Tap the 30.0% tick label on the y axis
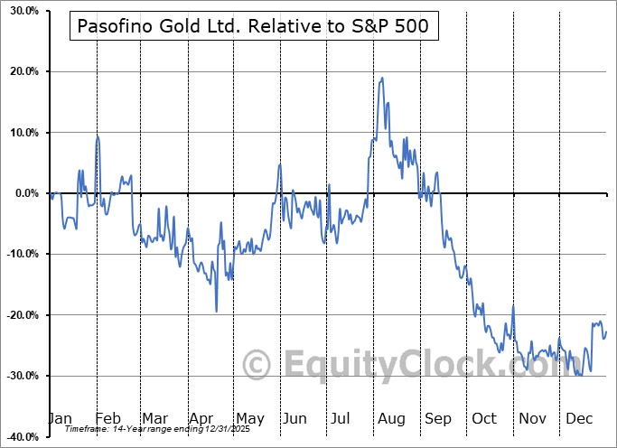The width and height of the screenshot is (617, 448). pyautogui.click(x=20, y=11)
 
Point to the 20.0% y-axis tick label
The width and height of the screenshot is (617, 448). pyautogui.click(x=20, y=71)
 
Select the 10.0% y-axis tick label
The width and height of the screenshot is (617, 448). pyautogui.click(x=20, y=133)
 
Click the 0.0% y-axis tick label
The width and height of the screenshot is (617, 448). pyautogui.click(x=23, y=193)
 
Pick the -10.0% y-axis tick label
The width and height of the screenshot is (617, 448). pyautogui.click(x=18, y=254)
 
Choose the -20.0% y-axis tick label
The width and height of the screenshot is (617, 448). pyautogui.click(x=18, y=315)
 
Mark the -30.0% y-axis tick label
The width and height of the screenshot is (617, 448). pyautogui.click(x=18, y=376)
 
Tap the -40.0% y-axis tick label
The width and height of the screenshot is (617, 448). pyautogui.click(x=18, y=437)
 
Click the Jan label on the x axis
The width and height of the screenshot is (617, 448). pyautogui.click(x=60, y=418)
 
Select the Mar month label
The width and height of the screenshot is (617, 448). pyautogui.click(x=154, y=418)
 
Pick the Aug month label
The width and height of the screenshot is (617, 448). pyautogui.click(x=390, y=418)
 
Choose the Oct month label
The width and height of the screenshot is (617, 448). pyautogui.click(x=483, y=418)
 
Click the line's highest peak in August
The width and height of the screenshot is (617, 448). pyautogui.click(x=383, y=78)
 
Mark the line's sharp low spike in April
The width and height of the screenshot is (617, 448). pyautogui.click(x=216, y=312)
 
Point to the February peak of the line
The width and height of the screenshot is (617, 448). pyautogui.click(x=98, y=135)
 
